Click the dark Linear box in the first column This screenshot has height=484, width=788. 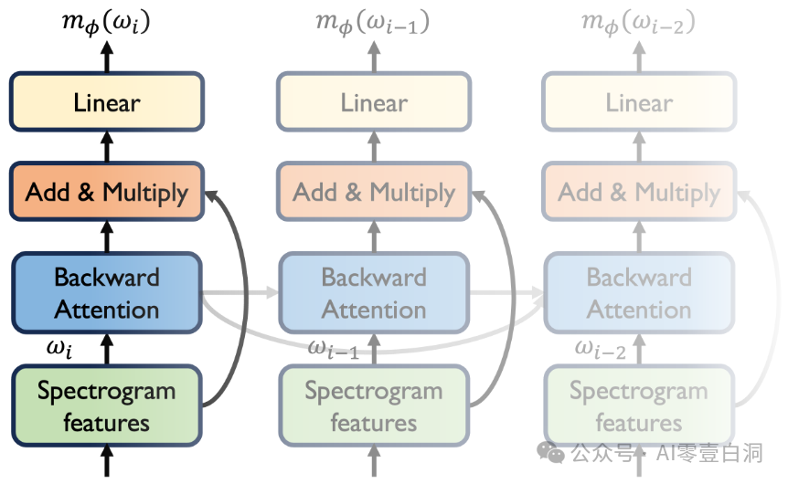click(107, 102)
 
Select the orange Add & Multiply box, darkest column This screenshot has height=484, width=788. click(107, 191)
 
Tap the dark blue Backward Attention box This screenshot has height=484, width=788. click(107, 293)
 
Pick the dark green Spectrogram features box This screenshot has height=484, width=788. click(107, 406)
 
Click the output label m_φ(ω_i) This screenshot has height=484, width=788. click(106, 23)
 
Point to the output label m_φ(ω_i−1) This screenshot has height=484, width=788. click(372, 23)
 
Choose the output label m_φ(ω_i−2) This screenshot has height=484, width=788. click(638, 23)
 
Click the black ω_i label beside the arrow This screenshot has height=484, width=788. click(59, 348)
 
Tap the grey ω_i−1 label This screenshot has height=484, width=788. click(333, 349)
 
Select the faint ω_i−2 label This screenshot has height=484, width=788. click(600, 349)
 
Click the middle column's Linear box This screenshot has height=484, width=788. click(374, 102)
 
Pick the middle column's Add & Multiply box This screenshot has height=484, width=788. click(374, 191)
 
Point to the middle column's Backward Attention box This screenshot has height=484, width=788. click(374, 293)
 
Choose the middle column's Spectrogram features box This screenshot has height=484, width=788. click(374, 406)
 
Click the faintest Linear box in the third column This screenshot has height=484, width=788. click(639, 102)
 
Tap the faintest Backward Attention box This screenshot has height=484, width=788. click(639, 293)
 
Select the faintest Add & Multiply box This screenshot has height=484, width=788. click(639, 191)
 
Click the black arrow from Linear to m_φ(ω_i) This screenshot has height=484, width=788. click(107, 57)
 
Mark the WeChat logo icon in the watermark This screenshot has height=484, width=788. click(551, 452)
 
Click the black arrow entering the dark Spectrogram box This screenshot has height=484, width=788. click(107, 461)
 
